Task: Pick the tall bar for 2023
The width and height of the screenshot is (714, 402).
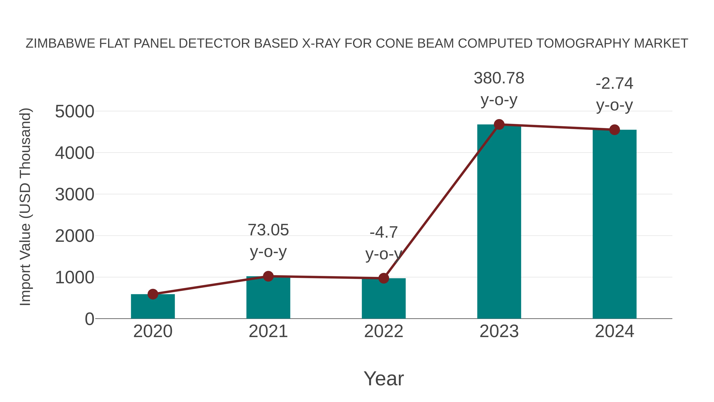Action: (x=499, y=222)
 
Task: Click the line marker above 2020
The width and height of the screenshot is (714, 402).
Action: (x=153, y=294)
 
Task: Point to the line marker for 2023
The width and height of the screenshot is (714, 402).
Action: (x=499, y=124)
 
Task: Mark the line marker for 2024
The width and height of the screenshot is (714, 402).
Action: (x=614, y=130)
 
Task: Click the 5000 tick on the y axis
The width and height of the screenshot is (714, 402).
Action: (x=75, y=112)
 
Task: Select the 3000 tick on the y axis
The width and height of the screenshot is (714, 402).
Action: (x=75, y=195)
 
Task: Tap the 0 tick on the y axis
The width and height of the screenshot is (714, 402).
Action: (x=89, y=319)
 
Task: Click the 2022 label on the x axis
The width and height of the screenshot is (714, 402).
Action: (x=383, y=331)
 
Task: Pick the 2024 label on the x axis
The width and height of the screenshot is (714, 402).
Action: (x=614, y=331)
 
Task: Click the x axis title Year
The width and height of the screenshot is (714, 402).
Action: (x=384, y=378)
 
